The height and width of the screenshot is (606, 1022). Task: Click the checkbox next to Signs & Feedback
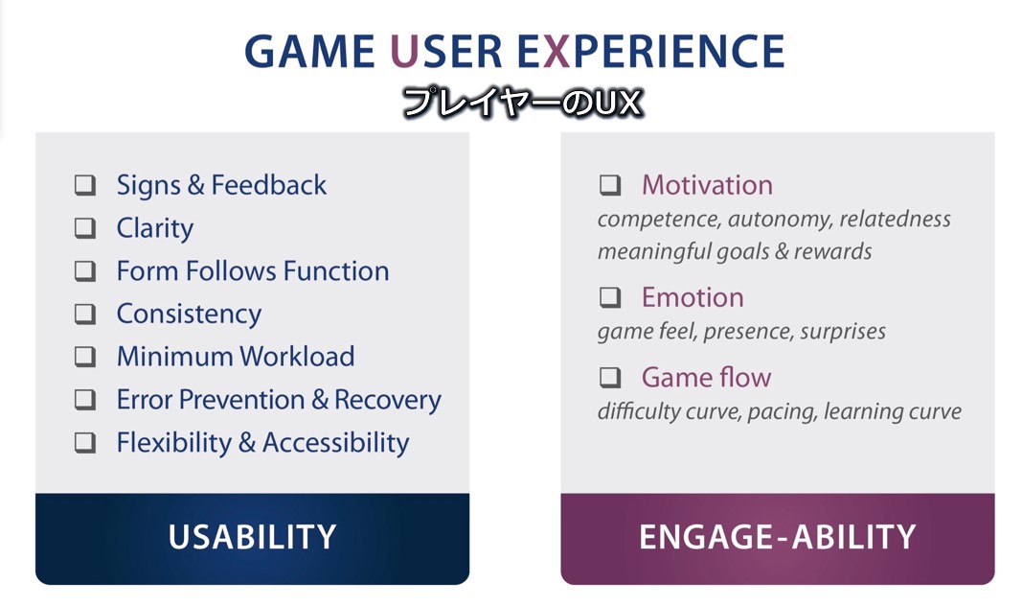pyautogui.click(x=84, y=185)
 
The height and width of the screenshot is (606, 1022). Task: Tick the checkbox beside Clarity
pyautogui.click(x=84, y=228)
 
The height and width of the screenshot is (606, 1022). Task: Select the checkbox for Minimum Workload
pyautogui.click(x=84, y=357)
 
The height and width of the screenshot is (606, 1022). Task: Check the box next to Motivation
pyautogui.click(x=610, y=185)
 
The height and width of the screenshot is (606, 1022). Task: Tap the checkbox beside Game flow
pyautogui.click(x=610, y=377)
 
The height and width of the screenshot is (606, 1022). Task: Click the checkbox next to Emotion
pyautogui.click(x=610, y=297)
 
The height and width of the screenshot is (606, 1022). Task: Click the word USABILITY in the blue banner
pyautogui.click(x=252, y=537)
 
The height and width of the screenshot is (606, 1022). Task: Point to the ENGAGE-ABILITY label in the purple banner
pyautogui.click(x=778, y=537)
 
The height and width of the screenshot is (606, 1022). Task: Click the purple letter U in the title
pyautogui.click(x=404, y=52)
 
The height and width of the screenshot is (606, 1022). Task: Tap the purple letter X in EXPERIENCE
pyautogui.click(x=556, y=52)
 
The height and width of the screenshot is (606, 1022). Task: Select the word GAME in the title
pyautogui.click(x=309, y=52)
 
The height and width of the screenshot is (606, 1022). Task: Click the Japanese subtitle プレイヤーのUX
pyautogui.click(x=523, y=103)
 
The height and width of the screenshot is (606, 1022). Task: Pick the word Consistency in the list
pyautogui.click(x=189, y=315)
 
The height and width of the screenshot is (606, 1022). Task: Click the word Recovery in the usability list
pyautogui.click(x=388, y=400)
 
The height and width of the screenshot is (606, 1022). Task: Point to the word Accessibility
pyautogui.click(x=335, y=443)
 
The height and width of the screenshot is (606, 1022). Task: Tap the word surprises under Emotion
pyautogui.click(x=843, y=332)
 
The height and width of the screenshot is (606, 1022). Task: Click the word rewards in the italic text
pyautogui.click(x=832, y=252)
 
